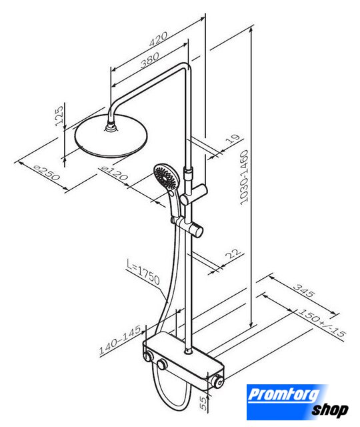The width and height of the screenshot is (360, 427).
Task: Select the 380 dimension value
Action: click(x=150, y=60)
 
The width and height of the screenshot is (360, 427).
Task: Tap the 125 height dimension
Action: click(x=59, y=115)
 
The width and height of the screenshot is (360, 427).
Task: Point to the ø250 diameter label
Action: click(x=46, y=173)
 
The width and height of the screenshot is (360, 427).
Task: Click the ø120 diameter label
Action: click(x=114, y=173)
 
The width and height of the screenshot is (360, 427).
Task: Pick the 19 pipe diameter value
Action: click(x=233, y=138)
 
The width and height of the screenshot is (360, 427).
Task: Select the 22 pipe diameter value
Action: click(x=233, y=254)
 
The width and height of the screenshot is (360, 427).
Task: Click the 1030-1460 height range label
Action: click(x=244, y=177)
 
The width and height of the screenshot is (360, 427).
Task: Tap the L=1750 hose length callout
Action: click(x=143, y=272)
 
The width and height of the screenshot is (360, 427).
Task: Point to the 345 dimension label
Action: click(x=305, y=291)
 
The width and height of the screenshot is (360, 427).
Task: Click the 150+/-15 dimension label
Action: click(x=322, y=323)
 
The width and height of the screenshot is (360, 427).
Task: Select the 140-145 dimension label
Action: click(x=120, y=340)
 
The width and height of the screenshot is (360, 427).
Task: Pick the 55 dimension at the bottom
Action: click(x=203, y=403)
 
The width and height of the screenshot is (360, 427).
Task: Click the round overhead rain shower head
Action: click(x=111, y=136)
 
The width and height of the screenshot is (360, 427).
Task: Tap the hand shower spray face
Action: click(x=166, y=176)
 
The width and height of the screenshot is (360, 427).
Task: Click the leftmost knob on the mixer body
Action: click(x=149, y=356)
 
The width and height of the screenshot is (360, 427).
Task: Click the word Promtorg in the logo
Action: click(x=284, y=394)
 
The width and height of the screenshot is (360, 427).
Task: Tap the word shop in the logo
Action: click(x=330, y=410)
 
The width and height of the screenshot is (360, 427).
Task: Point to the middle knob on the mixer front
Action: click(x=162, y=364)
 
